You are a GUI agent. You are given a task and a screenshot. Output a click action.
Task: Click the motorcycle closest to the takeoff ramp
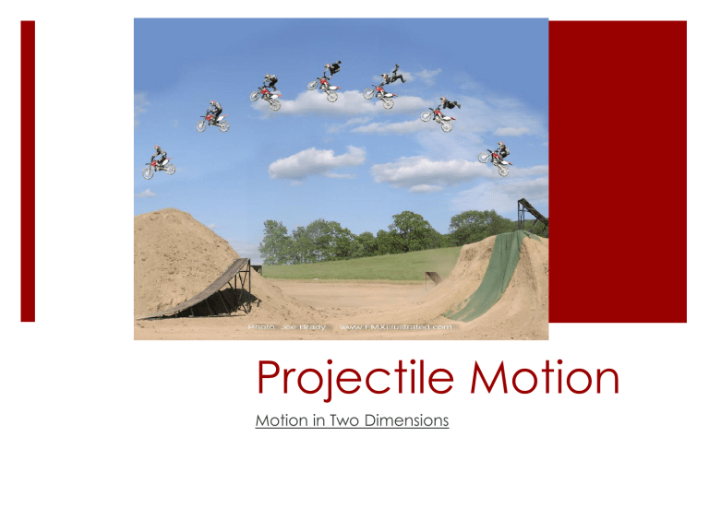(159, 163)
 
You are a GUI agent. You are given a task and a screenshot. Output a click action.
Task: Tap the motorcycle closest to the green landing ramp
(496, 158)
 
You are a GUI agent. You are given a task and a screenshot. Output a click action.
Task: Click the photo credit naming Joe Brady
(278, 326)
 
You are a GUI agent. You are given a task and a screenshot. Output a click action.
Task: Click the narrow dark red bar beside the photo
(28, 171)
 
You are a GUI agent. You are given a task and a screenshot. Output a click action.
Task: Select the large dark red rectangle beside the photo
(618, 171)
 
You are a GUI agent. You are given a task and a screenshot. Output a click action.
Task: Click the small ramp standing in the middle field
(430, 277)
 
